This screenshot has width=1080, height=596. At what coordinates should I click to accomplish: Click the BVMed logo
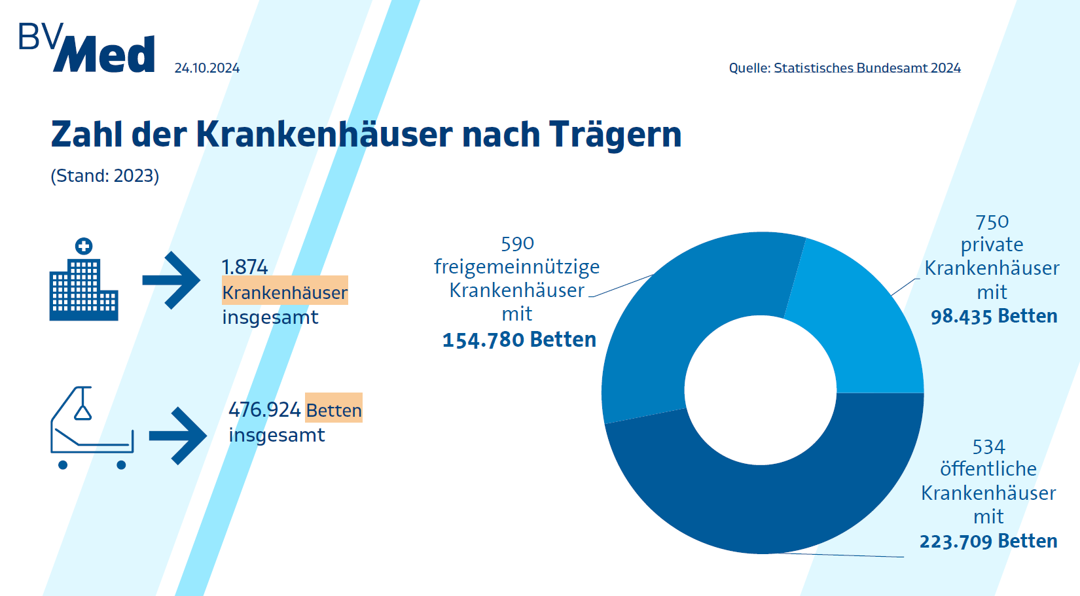87,48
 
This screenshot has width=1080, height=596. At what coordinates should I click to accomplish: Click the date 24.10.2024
207,68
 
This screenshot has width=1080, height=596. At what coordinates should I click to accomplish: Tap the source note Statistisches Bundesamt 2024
844,68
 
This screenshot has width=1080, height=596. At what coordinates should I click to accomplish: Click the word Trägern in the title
615,135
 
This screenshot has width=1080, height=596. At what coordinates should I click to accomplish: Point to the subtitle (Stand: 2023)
105,176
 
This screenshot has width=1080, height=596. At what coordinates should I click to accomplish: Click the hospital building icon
84,281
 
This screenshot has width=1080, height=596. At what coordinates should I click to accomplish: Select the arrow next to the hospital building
171,280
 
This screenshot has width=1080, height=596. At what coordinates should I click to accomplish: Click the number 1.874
244,267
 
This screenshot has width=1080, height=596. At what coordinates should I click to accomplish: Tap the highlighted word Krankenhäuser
285,292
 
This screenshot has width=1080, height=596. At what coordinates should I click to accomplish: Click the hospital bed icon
92,429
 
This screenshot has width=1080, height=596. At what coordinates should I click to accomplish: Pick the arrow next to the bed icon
178,436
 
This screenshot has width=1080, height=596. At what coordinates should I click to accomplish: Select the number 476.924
264,410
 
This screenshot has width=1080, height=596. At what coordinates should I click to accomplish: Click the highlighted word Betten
334,410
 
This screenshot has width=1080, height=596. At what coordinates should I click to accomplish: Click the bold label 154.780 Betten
519,340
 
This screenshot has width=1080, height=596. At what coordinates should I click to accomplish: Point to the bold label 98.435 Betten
994,316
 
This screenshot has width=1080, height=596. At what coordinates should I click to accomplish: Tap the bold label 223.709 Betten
988,541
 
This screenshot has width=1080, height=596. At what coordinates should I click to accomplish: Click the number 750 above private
992,222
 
